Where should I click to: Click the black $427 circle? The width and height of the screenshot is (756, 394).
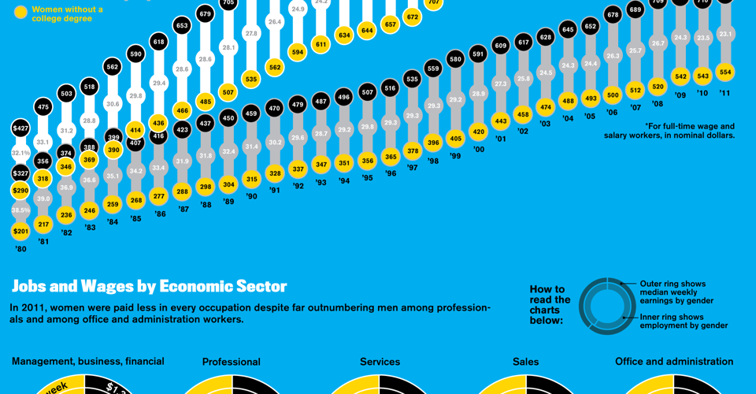coord(20,128)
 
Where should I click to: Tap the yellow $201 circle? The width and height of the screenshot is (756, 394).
coord(20,231)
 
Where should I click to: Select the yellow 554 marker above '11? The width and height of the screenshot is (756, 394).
coord(725,72)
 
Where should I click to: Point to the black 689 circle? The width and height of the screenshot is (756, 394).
coord(636,10)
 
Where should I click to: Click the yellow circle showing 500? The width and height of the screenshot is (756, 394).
coord(612,95)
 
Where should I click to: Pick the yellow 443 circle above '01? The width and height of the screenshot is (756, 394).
coord(500,121)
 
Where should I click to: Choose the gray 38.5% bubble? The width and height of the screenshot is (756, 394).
coord(20,210)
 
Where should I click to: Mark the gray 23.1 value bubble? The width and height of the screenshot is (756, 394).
coord(725,34)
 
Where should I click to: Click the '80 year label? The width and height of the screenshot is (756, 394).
coord(20,249)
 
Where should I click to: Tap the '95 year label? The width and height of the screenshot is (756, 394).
coord(367,178)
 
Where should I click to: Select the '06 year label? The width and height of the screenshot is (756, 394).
coord(612,113)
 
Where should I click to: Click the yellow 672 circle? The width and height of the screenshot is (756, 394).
coord(412,17)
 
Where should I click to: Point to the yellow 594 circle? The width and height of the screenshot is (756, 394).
coord(297,52)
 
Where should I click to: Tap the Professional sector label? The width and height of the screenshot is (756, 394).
coord(231,362)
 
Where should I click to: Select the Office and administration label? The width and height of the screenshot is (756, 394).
coord(673,362)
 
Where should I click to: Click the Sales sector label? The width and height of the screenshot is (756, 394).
coord(525,362)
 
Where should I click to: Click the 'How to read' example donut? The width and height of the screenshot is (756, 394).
coord(607,306)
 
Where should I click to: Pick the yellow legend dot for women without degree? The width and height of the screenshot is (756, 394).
coord(20,13)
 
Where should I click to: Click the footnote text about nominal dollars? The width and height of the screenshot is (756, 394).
coord(669,131)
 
